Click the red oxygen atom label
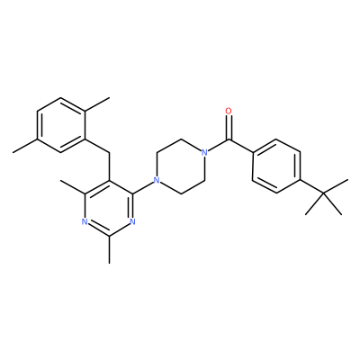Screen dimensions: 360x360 pos(229,112)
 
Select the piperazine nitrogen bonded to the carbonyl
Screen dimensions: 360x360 pos(204,153)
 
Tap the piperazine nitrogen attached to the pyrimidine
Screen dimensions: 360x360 pos(156,181)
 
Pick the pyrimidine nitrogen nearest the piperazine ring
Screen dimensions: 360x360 pos(133,222)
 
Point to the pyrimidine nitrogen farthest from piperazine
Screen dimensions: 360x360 pos(85,222)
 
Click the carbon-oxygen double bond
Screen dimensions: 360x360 pos(229,128)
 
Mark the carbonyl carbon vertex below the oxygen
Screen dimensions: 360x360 pos(229,139)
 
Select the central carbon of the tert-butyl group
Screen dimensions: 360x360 pos(324,194)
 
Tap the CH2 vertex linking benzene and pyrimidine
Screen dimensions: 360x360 pos(109,153)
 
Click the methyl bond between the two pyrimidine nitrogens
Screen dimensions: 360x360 pos(109,249)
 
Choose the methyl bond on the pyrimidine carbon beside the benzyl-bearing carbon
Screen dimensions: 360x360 pos(73,187)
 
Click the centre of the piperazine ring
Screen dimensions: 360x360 pos(180,166)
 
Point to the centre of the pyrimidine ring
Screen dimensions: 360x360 pos(109,208)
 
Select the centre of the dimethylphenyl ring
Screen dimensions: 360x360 pos(61,125)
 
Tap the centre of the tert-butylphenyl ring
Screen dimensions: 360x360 pos(276,166)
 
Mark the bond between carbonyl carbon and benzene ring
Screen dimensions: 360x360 pos(240,146)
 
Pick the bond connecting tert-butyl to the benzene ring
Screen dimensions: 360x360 pos(312,187)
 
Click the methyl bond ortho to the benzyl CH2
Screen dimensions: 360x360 pos(97,104)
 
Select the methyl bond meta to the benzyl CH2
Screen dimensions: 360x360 pos(25,146)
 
